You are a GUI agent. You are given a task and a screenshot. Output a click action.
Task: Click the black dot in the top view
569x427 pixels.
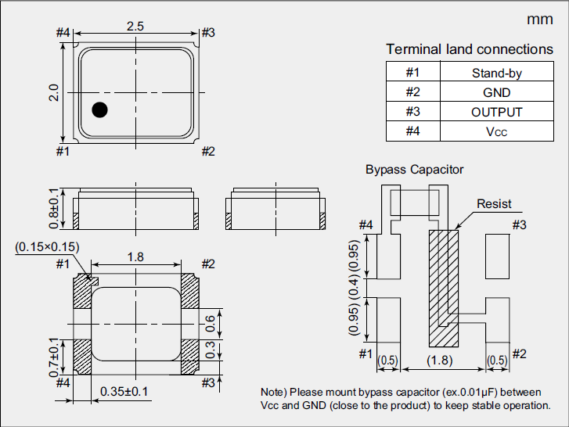click(99, 109)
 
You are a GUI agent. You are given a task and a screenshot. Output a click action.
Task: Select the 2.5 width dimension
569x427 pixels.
click(135, 26)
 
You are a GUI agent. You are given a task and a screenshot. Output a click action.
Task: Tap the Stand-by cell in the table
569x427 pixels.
click(496, 74)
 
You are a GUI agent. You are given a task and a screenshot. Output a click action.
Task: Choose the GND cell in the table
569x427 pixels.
click(496, 92)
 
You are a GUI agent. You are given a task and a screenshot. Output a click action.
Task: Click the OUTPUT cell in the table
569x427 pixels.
click(496, 112)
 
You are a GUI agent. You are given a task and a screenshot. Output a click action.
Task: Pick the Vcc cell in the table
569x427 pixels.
click(496, 131)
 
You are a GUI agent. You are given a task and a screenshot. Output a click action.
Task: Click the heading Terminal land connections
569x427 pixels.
click(469, 49)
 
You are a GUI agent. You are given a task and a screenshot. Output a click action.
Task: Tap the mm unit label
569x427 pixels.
click(539, 20)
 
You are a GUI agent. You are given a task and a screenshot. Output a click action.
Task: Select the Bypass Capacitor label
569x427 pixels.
click(414, 169)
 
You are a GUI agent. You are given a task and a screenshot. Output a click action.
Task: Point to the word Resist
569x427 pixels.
click(494, 204)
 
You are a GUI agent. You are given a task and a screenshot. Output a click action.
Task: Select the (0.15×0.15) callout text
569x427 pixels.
click(47, 247)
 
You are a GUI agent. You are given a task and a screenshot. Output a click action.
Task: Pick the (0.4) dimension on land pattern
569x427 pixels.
click(354, 288)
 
